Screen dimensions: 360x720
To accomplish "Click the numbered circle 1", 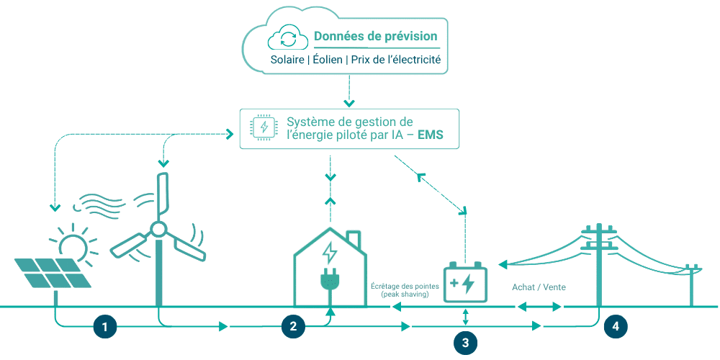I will (105, 327).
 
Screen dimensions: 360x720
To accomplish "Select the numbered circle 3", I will (465, 343).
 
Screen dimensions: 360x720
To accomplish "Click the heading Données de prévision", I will (375, 36).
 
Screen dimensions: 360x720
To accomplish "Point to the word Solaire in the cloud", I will (287, 60).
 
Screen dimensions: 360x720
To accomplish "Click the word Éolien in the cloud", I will (328, 60).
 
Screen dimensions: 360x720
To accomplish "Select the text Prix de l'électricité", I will (395, 60).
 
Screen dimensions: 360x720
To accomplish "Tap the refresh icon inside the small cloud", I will (288, 38).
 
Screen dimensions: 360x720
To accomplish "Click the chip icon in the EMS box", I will (264, 128).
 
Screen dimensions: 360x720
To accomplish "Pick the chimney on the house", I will (354, 240).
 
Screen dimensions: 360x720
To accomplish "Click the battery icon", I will (466, 282).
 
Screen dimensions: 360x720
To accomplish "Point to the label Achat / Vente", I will (539, 287).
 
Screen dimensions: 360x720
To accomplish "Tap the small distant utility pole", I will (692, 282).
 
